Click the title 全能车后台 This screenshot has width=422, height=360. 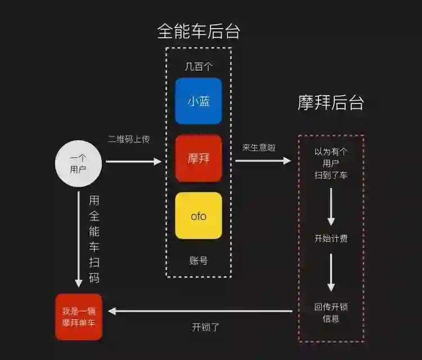tap(199, 31)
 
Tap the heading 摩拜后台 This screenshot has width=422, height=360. tap(331, 102)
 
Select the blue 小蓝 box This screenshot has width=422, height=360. tap(199, 101)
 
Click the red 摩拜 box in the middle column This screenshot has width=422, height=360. tap(199, 158)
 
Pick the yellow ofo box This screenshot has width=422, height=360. tap(199, 215)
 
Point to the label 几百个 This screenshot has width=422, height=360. tap(199, 66)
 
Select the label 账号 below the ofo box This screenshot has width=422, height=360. tap(199, 260)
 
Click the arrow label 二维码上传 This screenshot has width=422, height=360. tap(129, 139)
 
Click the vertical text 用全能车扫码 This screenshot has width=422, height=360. tap(94, 239)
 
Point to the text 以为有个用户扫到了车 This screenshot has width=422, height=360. tap(331, 163)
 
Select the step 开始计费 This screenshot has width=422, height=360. tap(331, 238)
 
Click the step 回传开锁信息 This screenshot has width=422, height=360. tap(331, 313)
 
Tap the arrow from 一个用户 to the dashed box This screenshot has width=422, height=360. tap(133, 161)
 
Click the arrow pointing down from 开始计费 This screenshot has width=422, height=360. tap(331, 272)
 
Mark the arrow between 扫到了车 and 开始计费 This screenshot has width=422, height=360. tap(331, 206)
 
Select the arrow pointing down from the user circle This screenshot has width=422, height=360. tap(79, 239)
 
